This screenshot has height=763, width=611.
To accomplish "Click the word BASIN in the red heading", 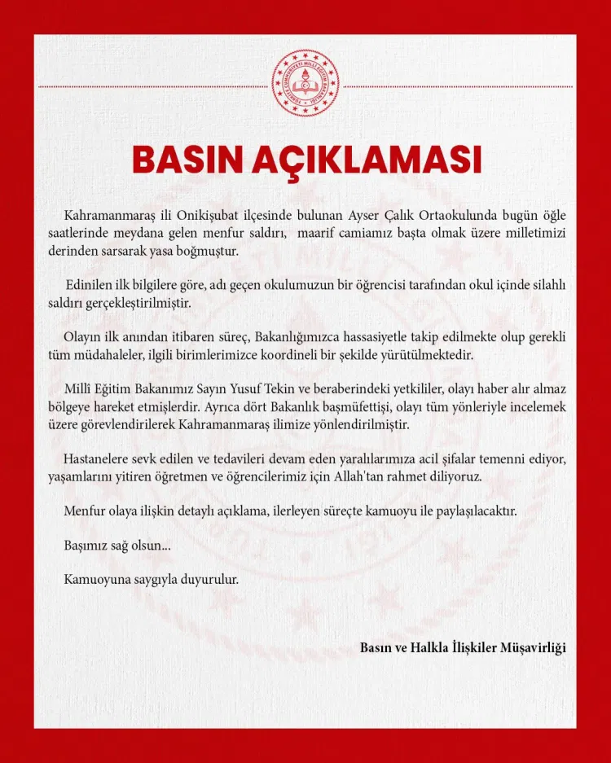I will coord(187,160).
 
